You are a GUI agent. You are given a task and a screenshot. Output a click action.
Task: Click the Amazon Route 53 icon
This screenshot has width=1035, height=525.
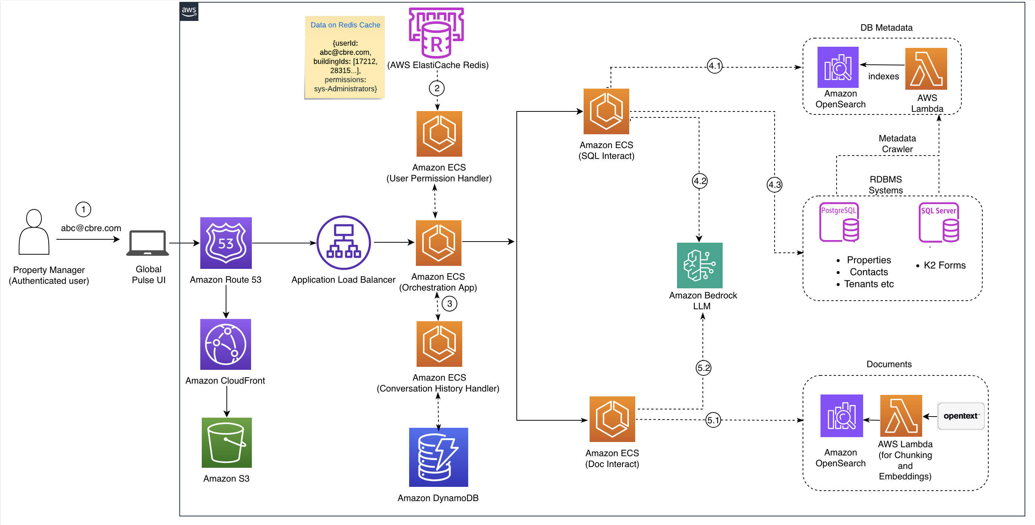pos(226,243)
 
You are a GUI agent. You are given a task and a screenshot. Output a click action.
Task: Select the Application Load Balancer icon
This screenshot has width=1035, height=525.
pos(343,242)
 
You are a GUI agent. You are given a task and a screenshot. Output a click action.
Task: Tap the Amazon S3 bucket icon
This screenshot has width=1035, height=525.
pos(226,443)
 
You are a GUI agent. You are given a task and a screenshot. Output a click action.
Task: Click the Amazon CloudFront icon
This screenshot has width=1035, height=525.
pos(226,344)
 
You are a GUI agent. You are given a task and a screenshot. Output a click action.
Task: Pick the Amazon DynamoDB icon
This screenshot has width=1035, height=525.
pos(438,457)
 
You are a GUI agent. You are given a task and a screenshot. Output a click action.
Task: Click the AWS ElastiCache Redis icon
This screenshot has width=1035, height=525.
pos(436,32)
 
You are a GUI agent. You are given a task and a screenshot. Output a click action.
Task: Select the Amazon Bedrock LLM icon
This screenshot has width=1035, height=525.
pos(699,265)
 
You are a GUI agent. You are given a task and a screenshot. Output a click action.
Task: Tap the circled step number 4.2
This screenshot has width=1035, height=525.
pos(699,181)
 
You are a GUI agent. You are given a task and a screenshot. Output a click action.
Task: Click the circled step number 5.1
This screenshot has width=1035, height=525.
pos(713,420)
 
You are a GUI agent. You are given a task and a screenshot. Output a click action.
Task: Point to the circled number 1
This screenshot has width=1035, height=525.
pos(83,209)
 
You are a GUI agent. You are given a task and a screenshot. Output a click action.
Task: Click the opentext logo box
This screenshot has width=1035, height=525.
pos(961,416)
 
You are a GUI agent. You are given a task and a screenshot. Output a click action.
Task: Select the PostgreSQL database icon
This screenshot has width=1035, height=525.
pos(839,222)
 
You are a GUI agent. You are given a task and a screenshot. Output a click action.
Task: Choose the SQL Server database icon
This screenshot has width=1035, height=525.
pos(939,222)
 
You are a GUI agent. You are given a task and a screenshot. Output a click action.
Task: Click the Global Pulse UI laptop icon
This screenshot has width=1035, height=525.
pos(148,243)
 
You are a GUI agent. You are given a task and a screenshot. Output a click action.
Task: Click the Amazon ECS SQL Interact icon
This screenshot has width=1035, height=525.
pos(606,111)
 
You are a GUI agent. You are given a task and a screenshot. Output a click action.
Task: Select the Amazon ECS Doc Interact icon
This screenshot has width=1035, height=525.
pos(612,419)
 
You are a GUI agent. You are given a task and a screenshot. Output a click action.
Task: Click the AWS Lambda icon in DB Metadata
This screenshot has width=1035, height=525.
pos(926,68)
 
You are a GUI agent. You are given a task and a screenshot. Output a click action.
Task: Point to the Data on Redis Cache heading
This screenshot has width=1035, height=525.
pos(345,25)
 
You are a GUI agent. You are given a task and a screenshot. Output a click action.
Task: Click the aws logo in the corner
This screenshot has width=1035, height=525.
pos(189,11)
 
